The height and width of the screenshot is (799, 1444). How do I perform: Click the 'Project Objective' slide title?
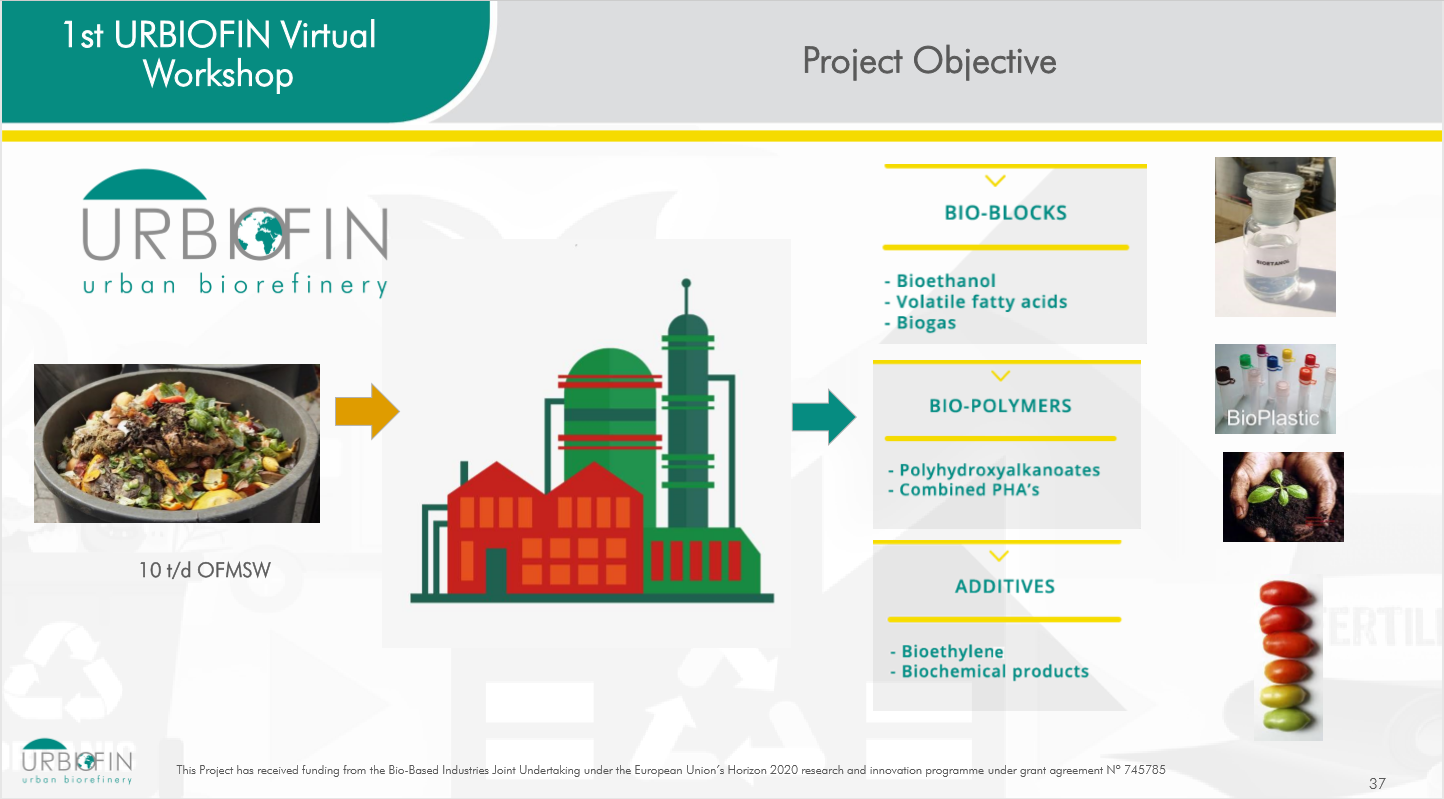pyautogui.click(x=929, y=62)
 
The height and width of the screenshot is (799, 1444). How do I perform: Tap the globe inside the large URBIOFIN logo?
pyautogui.click(x=260, y=232)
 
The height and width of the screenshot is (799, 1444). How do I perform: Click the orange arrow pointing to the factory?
pyautogui.click(x=367, y=411)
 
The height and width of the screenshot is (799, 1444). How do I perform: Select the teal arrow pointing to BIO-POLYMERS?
pyautogui.click(x=824, y=417)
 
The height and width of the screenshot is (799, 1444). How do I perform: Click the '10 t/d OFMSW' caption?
pyautogui.click(x=205, y=570)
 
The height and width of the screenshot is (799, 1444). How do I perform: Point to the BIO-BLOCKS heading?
pyautogui.click(x=1006, y=213)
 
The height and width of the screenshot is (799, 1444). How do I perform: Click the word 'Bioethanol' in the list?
pyautogui.click(x=946, y=281)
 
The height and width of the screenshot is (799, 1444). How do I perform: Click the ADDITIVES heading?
pyautogui.click(x=1005, y=586)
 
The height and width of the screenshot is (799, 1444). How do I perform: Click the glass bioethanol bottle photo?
pyautogui.click(x=1275, y=237)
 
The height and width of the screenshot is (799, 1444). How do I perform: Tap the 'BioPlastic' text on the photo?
pyautogui.click(x=1273, y=418)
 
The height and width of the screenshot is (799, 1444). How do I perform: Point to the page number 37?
pyautogui.click(x=1377, y=784)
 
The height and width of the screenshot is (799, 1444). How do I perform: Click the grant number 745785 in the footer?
pyautogui.click(x=1144, y=770)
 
